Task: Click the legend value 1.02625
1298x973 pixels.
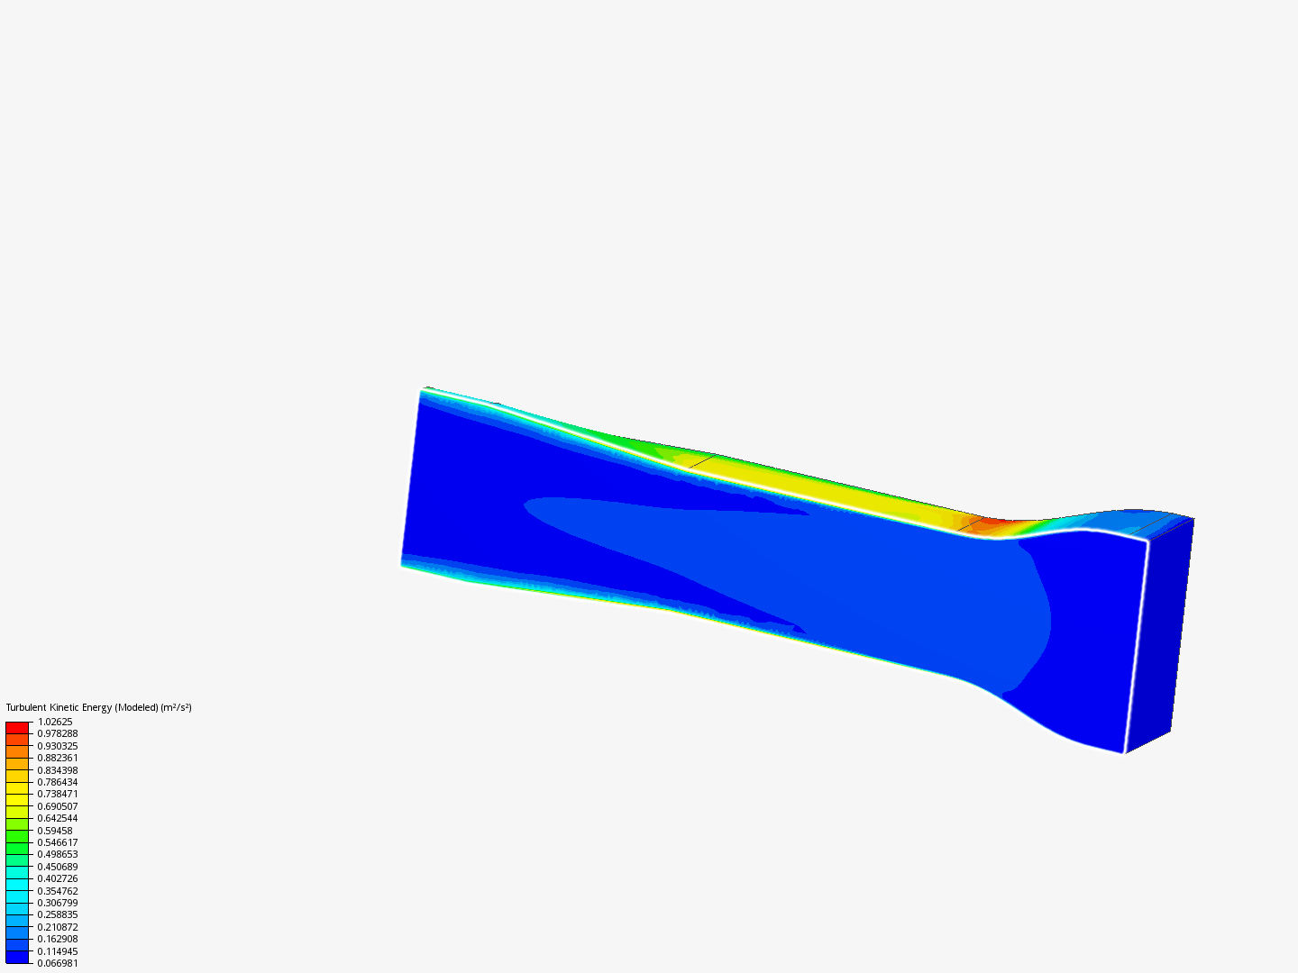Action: (55, 722)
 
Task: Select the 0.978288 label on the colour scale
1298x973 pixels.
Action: (58, 733)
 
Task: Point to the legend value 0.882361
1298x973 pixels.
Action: (58, 758)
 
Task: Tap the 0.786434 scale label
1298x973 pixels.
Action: (58, 782)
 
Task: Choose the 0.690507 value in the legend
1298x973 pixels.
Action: (58, 806)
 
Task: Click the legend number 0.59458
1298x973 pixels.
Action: (55, 831)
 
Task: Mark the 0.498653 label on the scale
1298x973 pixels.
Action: (58, 854)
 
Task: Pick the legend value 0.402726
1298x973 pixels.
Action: (58, 878)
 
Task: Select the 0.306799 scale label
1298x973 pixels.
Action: (58, 903)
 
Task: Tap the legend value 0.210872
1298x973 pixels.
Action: (58, 927)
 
